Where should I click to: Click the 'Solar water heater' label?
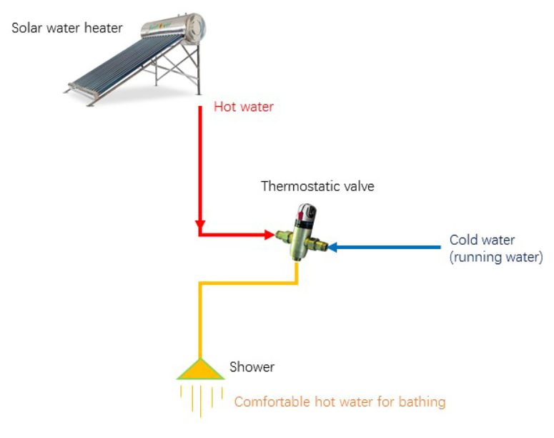pyautogui.click(x=67, y=29)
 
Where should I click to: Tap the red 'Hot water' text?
pyautogui.click(x=244, y=108)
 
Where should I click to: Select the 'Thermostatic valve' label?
pyautogui.click(x=317, y=187)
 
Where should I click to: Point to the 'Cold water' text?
pyautogui.click(x=482, y=240)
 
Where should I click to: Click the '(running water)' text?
pyautogui.click(x=495, y=258)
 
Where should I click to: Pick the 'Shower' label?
pyautogui.click(x=252, y=367)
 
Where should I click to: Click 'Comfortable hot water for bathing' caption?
pyautogui.click(x=340, y=401)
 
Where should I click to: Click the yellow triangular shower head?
pyautogui.click(x=200, y=369)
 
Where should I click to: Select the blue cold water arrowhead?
pyautogui.click(x=334, y=248)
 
